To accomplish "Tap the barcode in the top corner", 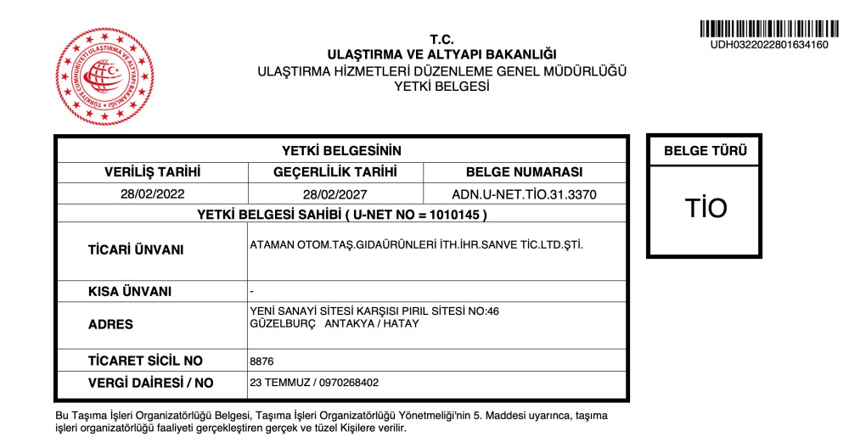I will point(764,26).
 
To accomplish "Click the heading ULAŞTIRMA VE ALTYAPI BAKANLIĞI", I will point(441,55).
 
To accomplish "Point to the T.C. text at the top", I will point(441,39).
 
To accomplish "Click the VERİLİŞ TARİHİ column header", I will point(152,171).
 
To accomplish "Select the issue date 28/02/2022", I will point(152,194).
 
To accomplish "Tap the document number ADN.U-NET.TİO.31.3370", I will point(524,194).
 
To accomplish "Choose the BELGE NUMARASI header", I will point(524,171).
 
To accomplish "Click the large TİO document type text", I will point(706,209).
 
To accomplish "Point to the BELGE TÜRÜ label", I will point(705,152).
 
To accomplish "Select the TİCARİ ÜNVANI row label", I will point(136,250).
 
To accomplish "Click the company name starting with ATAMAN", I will point(417,245).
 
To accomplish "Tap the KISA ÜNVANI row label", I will point(130,292).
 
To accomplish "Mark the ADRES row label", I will point(110,324).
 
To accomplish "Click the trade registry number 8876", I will point(261,361).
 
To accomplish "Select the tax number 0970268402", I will point(349,383).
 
